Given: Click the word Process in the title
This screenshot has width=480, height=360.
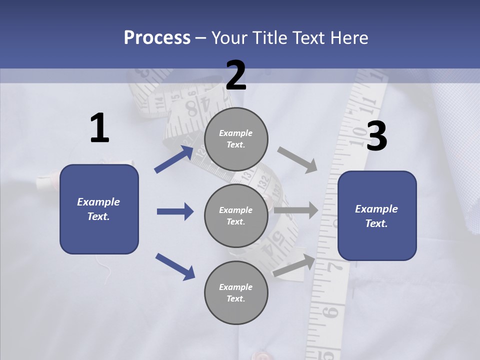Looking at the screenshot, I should click(x=157, y=38).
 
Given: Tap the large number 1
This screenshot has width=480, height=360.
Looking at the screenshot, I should click(x=99, y=128).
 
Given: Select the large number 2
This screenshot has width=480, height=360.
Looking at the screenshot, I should click(x=236, y=75).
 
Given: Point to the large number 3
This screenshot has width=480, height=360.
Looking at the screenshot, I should click(x=376, y=136).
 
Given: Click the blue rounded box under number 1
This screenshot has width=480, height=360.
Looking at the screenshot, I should click(x=99, y=209).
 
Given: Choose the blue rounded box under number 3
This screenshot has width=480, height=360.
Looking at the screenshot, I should click(x=377, y=215).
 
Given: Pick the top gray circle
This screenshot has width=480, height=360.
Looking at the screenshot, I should click(x=236, y=139).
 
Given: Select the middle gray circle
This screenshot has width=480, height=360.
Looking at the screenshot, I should click(x=236, y=215).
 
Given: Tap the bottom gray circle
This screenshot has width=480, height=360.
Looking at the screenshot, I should click(x=236, y=292).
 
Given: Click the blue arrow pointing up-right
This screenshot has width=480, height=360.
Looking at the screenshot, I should click(x=174, y=159).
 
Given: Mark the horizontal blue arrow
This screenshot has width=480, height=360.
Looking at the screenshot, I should click(x=175, y=211).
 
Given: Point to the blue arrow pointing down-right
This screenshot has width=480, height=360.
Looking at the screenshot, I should click(x=175, y=266).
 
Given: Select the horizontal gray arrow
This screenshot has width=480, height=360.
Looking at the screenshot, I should click(x=296, y=210).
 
